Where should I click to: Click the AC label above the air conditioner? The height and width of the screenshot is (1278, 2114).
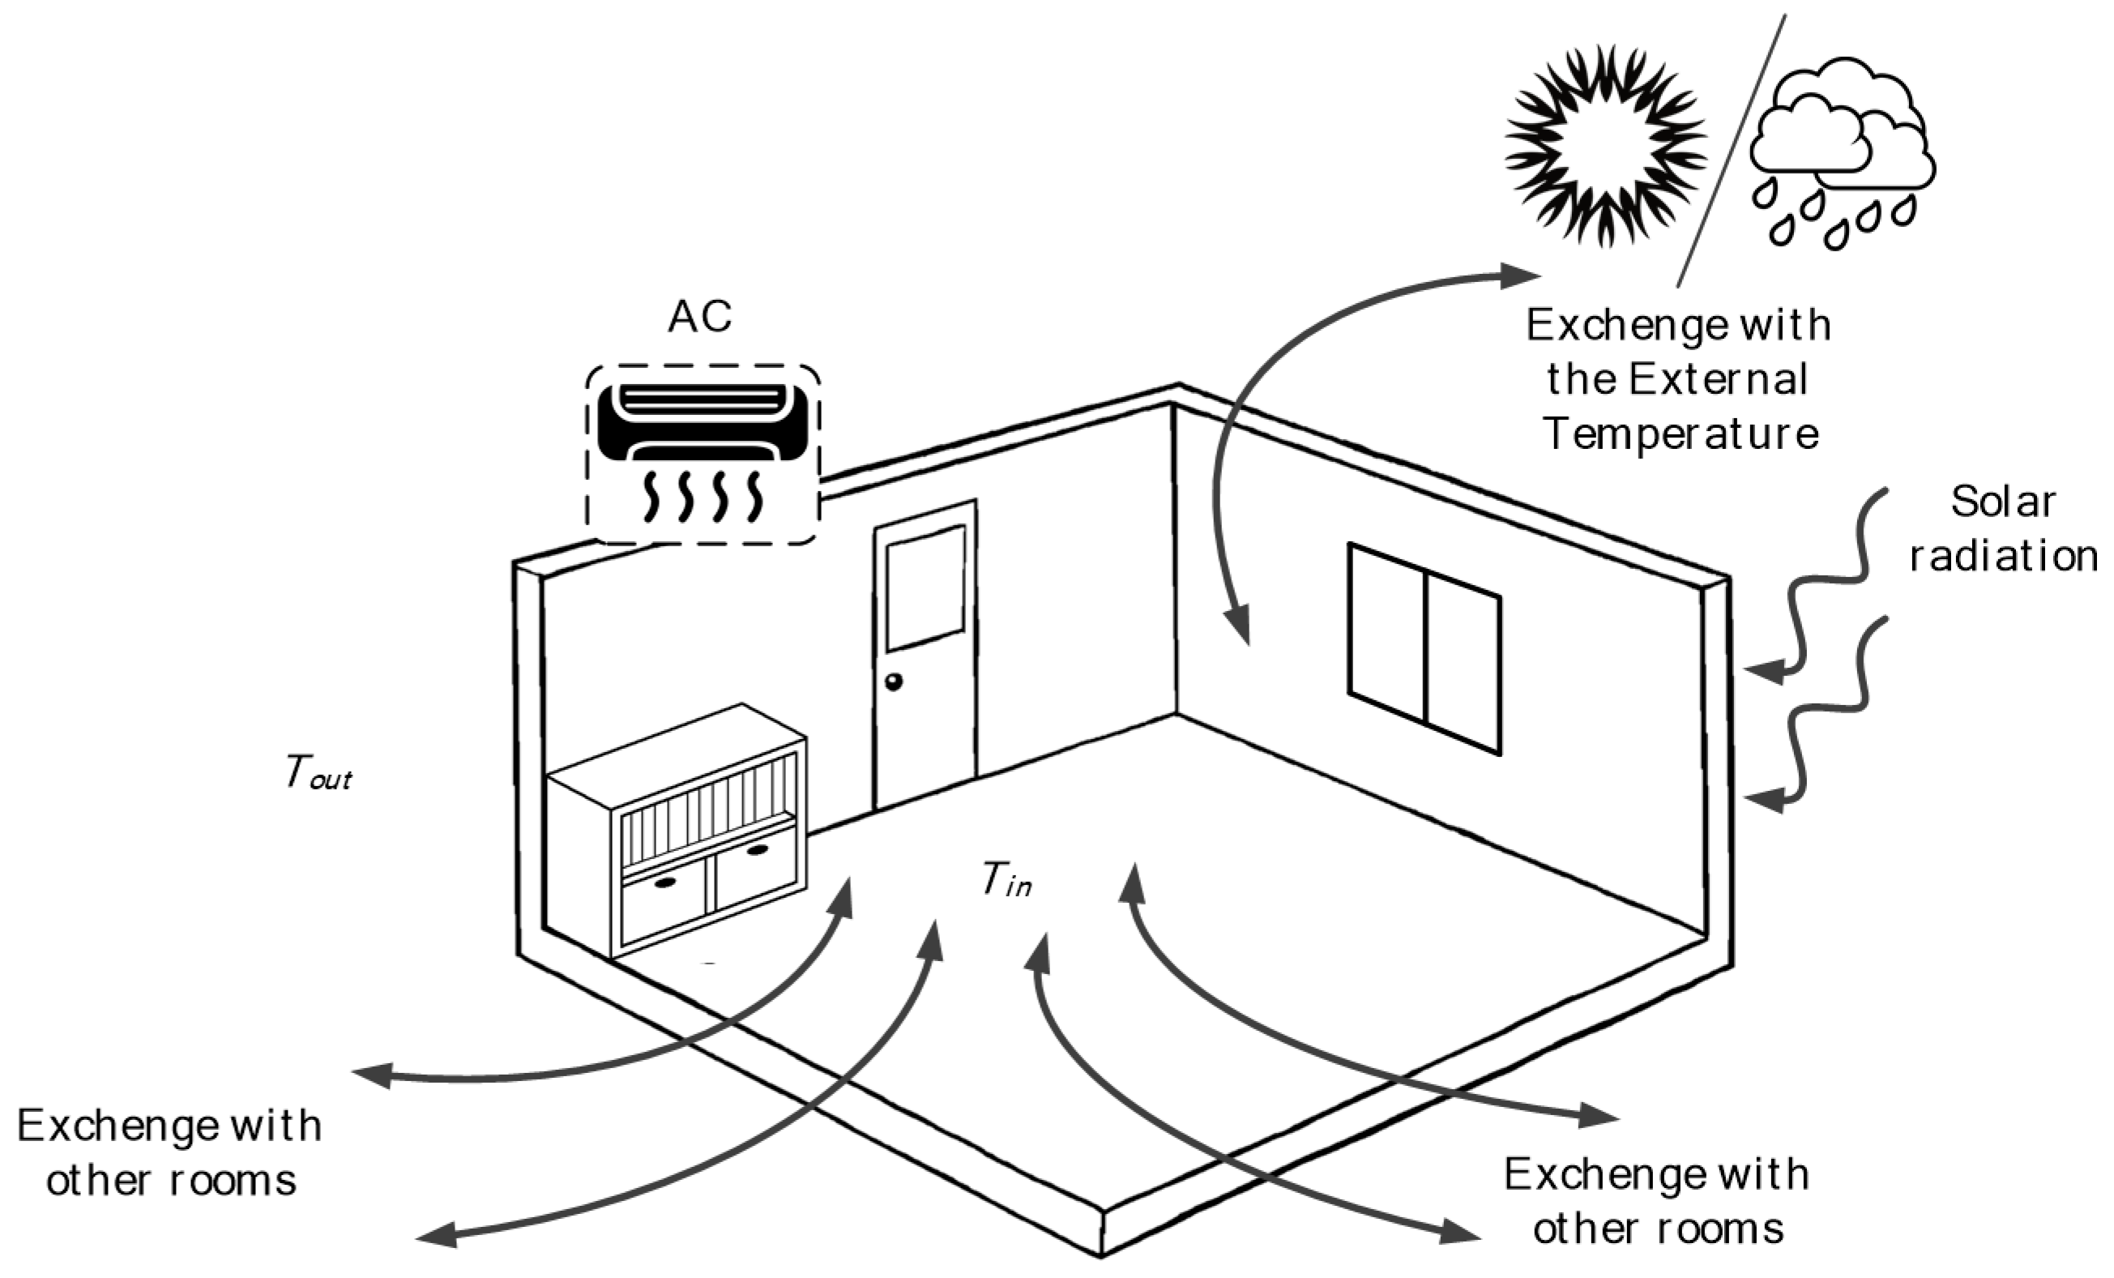[x=699, y=317]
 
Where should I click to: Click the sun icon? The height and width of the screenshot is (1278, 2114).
[x=1605, y=147]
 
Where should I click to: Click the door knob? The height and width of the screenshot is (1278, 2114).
[x=893, y=682]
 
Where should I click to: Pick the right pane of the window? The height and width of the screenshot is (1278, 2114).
[x=1463, y=665]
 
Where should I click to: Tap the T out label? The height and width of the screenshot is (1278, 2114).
[x=318, y=772]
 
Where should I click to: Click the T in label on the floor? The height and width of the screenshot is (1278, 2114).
[x=1006, y=880]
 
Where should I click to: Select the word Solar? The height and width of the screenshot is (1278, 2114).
[x=2002, y=502]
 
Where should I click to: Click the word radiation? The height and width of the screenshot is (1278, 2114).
[x=2002, y=556]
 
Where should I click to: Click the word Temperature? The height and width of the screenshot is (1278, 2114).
[x=1681, y=434]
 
